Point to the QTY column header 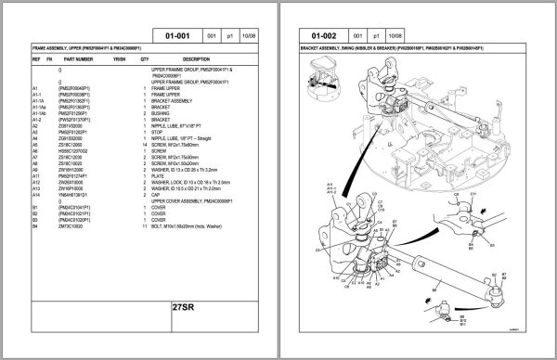point(144,58)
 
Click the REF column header point(36,58)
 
